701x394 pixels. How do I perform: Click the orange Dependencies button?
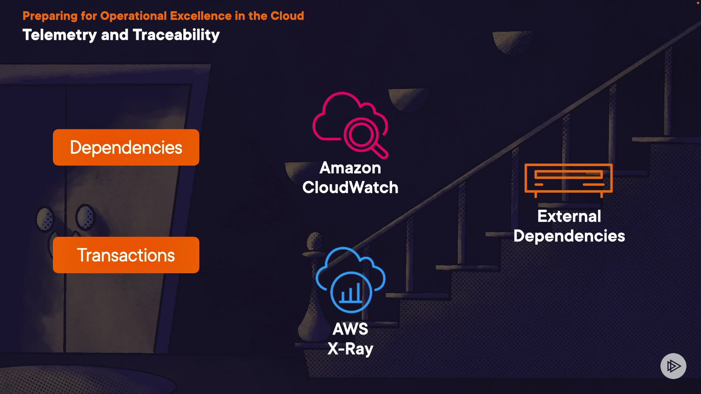click(126, 147)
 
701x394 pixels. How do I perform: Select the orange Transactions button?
click(126, 255)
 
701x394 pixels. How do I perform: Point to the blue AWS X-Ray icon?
click(350, 280)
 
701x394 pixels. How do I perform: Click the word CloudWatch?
click(350, 188)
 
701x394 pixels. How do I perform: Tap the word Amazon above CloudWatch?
click(350, 168)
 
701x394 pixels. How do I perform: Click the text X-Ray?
click(350, 349)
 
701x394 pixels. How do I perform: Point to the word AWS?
click(350, 329)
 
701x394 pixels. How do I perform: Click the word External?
click(569, 216)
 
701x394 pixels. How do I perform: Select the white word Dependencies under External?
click(569, 236)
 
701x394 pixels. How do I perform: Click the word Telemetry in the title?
click(60, 35)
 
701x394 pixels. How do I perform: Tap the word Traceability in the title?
click(176, 35)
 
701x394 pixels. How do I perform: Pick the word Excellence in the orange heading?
click(200, 16)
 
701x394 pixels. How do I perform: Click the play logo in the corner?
click(673, 366)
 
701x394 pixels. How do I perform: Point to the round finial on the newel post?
click(314, 241)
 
